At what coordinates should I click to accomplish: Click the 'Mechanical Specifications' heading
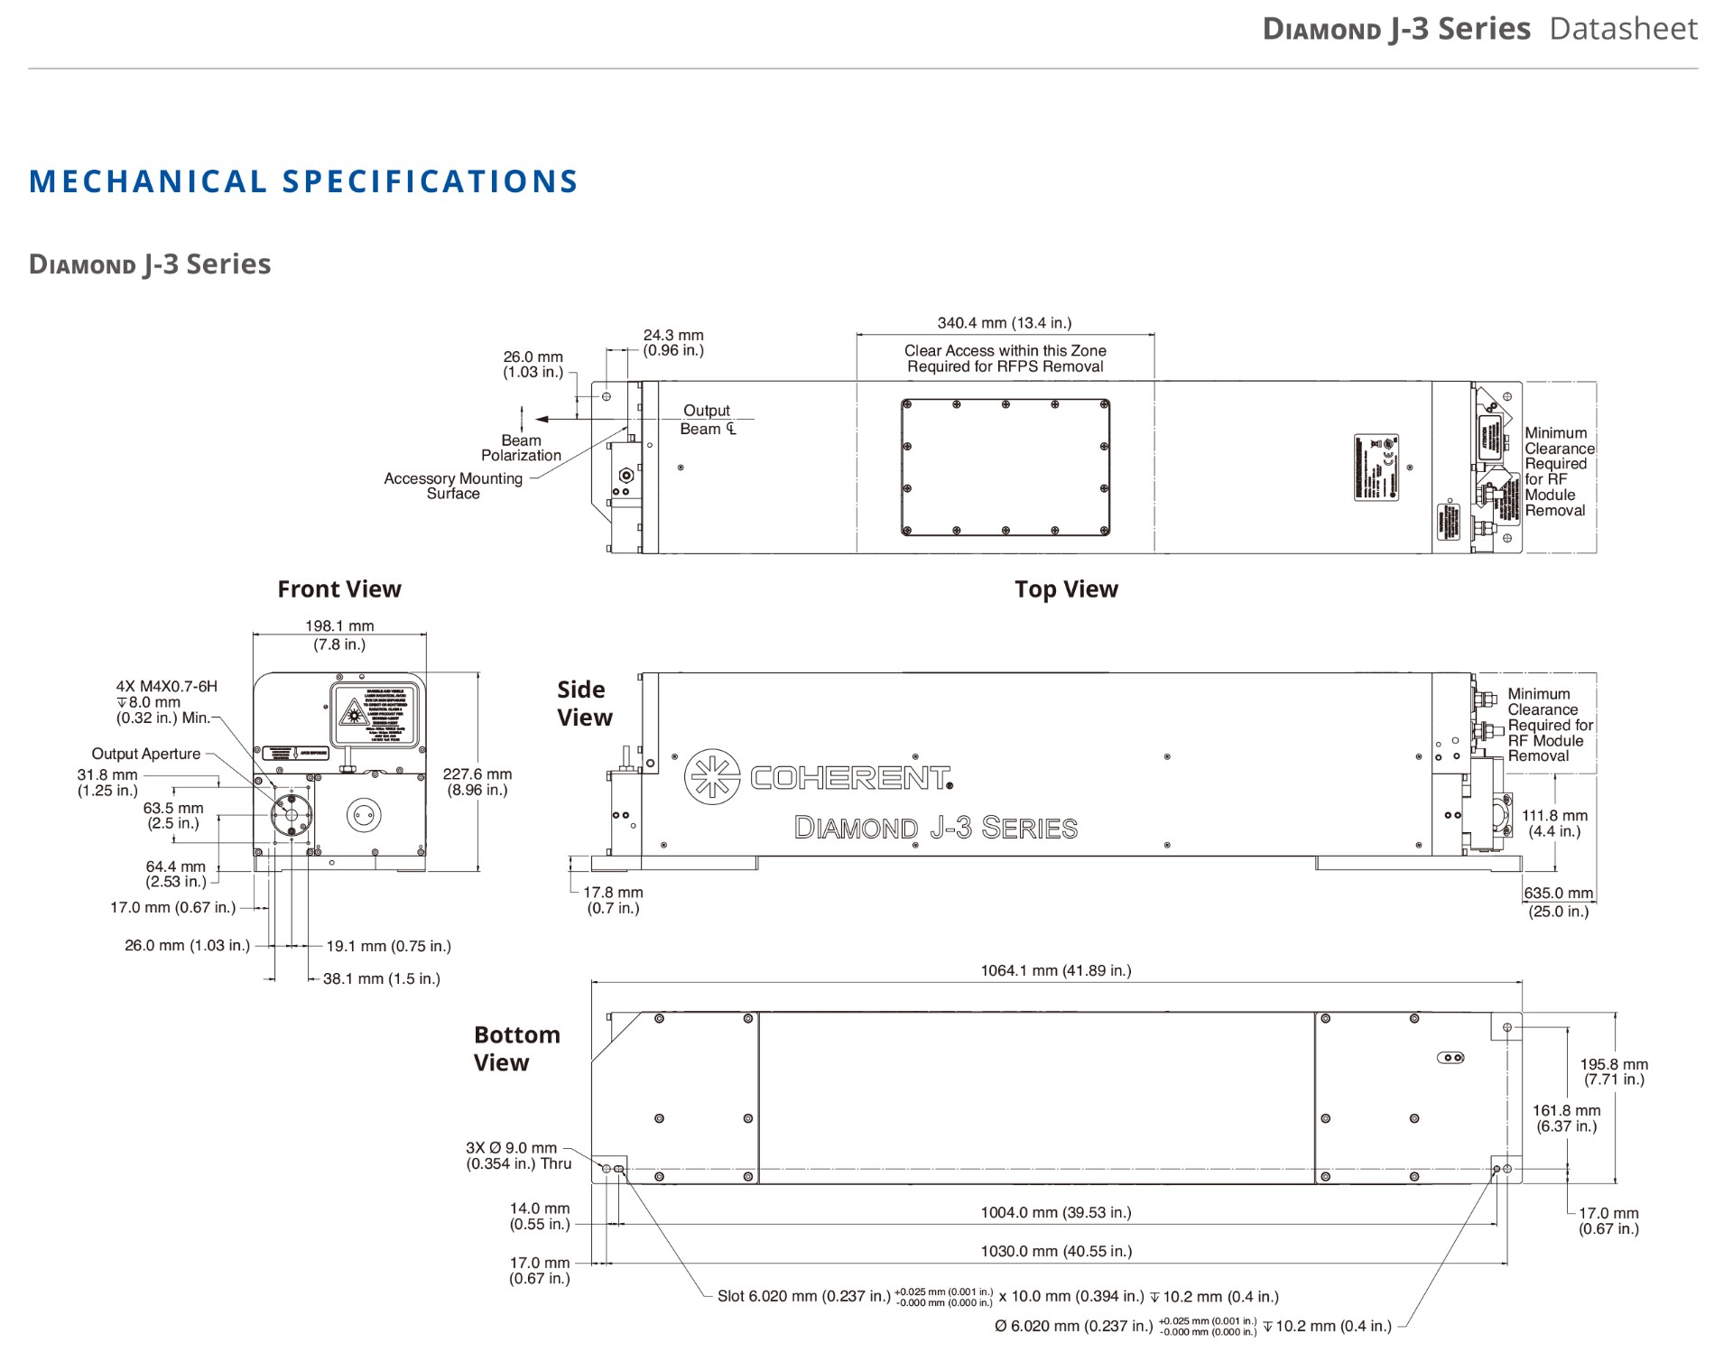(303, 181)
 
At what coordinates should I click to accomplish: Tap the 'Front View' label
(338, 589)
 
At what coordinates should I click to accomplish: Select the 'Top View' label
(1066, 589)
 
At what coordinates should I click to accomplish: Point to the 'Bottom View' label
(516, 1048)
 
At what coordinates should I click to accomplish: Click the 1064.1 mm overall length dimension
(1055, 970)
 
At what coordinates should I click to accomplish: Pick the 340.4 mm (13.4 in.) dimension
(1005, 323)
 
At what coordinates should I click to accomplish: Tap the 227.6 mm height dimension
(477, 782)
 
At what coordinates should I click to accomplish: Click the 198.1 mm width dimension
(339, 635)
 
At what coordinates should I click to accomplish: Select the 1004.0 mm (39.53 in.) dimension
(1055, 1212)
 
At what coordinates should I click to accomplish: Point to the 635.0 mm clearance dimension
(1558, 902)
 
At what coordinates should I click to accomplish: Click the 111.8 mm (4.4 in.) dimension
(1554, 823)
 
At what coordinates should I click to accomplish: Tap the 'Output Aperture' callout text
(146, 754)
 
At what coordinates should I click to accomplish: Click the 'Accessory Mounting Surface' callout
(453, 486)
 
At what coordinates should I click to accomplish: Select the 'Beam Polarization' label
(521, 448)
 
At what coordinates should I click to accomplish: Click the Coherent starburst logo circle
(712, 776)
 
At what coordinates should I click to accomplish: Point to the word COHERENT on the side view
(850, 777)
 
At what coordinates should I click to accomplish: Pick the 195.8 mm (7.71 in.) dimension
(1613, 1071)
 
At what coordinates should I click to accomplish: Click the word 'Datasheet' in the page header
(1623, 29)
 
